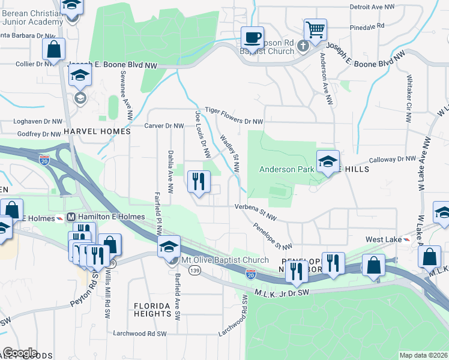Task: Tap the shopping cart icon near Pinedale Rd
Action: click(315, 28)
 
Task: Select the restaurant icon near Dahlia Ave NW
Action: click(199, 181)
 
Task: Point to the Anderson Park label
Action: click(287, 170)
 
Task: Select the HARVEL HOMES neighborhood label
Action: click(97, 131)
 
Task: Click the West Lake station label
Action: click(384, 239)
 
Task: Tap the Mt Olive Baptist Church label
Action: click(225, 260)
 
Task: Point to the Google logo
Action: click(19, 353)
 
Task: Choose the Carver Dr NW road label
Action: click(164, 126)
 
